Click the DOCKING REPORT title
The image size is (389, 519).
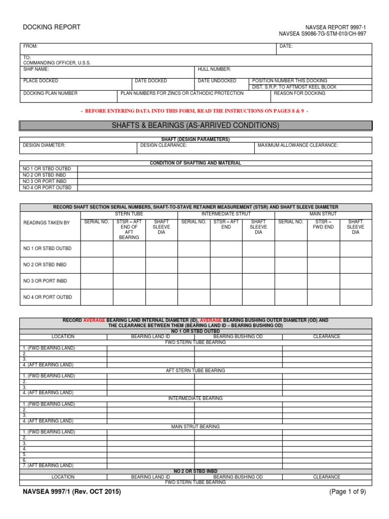click(51, 27)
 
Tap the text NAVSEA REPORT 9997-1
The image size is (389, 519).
click(335, 27)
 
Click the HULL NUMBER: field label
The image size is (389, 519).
click(215, 69)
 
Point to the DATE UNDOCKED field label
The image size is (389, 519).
click(217, 81)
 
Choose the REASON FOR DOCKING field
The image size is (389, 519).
click(299, 93)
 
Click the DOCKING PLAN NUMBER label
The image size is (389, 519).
click(50, 93)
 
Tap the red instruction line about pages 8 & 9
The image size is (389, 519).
click(195, 110)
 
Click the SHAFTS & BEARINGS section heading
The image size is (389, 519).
click(195, 125)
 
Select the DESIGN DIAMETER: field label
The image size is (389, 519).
click(44, 145)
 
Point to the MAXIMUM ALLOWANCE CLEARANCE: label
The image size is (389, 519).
click(297, 145)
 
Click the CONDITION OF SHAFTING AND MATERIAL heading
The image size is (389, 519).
click(195, 163)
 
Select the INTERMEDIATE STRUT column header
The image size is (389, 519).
click(226, 214)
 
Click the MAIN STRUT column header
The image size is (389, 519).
click(323, 214)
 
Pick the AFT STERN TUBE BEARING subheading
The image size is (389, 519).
click(195, 370)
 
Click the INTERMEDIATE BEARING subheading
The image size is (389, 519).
click(195, 398)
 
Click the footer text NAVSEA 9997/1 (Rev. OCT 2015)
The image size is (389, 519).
click(72, 492)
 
